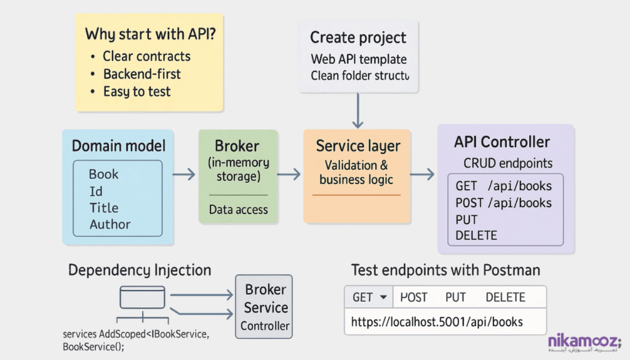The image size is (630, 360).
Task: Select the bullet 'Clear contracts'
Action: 146,56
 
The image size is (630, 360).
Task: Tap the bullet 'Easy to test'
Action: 137,92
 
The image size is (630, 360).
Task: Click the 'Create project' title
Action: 358,38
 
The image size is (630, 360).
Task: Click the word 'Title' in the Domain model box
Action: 103,208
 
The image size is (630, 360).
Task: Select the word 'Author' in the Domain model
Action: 110,225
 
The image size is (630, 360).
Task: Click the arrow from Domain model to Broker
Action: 183,176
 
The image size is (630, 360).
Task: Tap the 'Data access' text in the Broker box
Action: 238,210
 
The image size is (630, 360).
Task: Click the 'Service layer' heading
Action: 357,146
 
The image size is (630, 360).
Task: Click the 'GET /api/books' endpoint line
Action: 503,186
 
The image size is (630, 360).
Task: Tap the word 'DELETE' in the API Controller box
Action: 476,235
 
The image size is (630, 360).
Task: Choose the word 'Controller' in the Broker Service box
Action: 265,326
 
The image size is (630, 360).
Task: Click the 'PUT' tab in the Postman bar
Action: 455,297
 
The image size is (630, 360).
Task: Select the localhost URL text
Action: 437,322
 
